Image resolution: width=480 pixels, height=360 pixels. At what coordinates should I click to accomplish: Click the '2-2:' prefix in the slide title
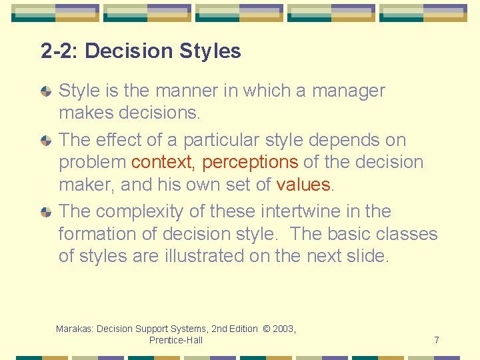click(x=59, y=51)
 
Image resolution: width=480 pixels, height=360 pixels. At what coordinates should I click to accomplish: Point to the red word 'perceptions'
click(x=250, y=162)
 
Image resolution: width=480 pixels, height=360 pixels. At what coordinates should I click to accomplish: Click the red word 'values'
click(x=303, y=184)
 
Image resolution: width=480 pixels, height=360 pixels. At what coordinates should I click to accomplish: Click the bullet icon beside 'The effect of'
click(x=46, y=141)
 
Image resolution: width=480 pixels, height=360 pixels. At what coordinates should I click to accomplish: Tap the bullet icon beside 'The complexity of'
click(x=46, y=212)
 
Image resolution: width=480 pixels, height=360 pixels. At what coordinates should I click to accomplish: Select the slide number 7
click(x=437, y=340)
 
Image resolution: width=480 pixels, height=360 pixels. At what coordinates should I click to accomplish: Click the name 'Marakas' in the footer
click(x=74, y=329)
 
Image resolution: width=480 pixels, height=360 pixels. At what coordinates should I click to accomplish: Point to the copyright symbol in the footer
click(x=266, y=329)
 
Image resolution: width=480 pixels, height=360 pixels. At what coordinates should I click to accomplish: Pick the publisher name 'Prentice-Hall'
click(x=176, y=340)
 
